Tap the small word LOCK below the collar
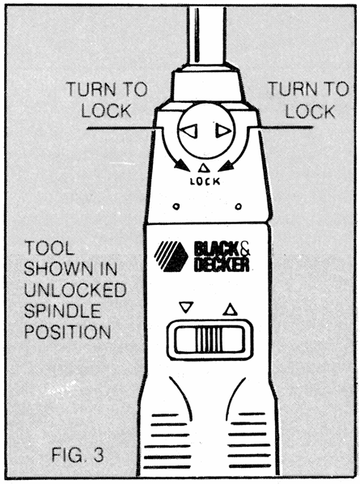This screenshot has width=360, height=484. click(x=205, y=182)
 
